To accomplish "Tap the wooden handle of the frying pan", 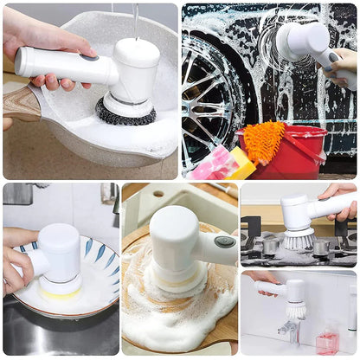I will coord(19,103).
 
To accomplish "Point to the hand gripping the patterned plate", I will coord(16,260).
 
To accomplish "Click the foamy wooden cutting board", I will coord(173,294).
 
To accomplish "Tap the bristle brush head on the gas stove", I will coord(299,238).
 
